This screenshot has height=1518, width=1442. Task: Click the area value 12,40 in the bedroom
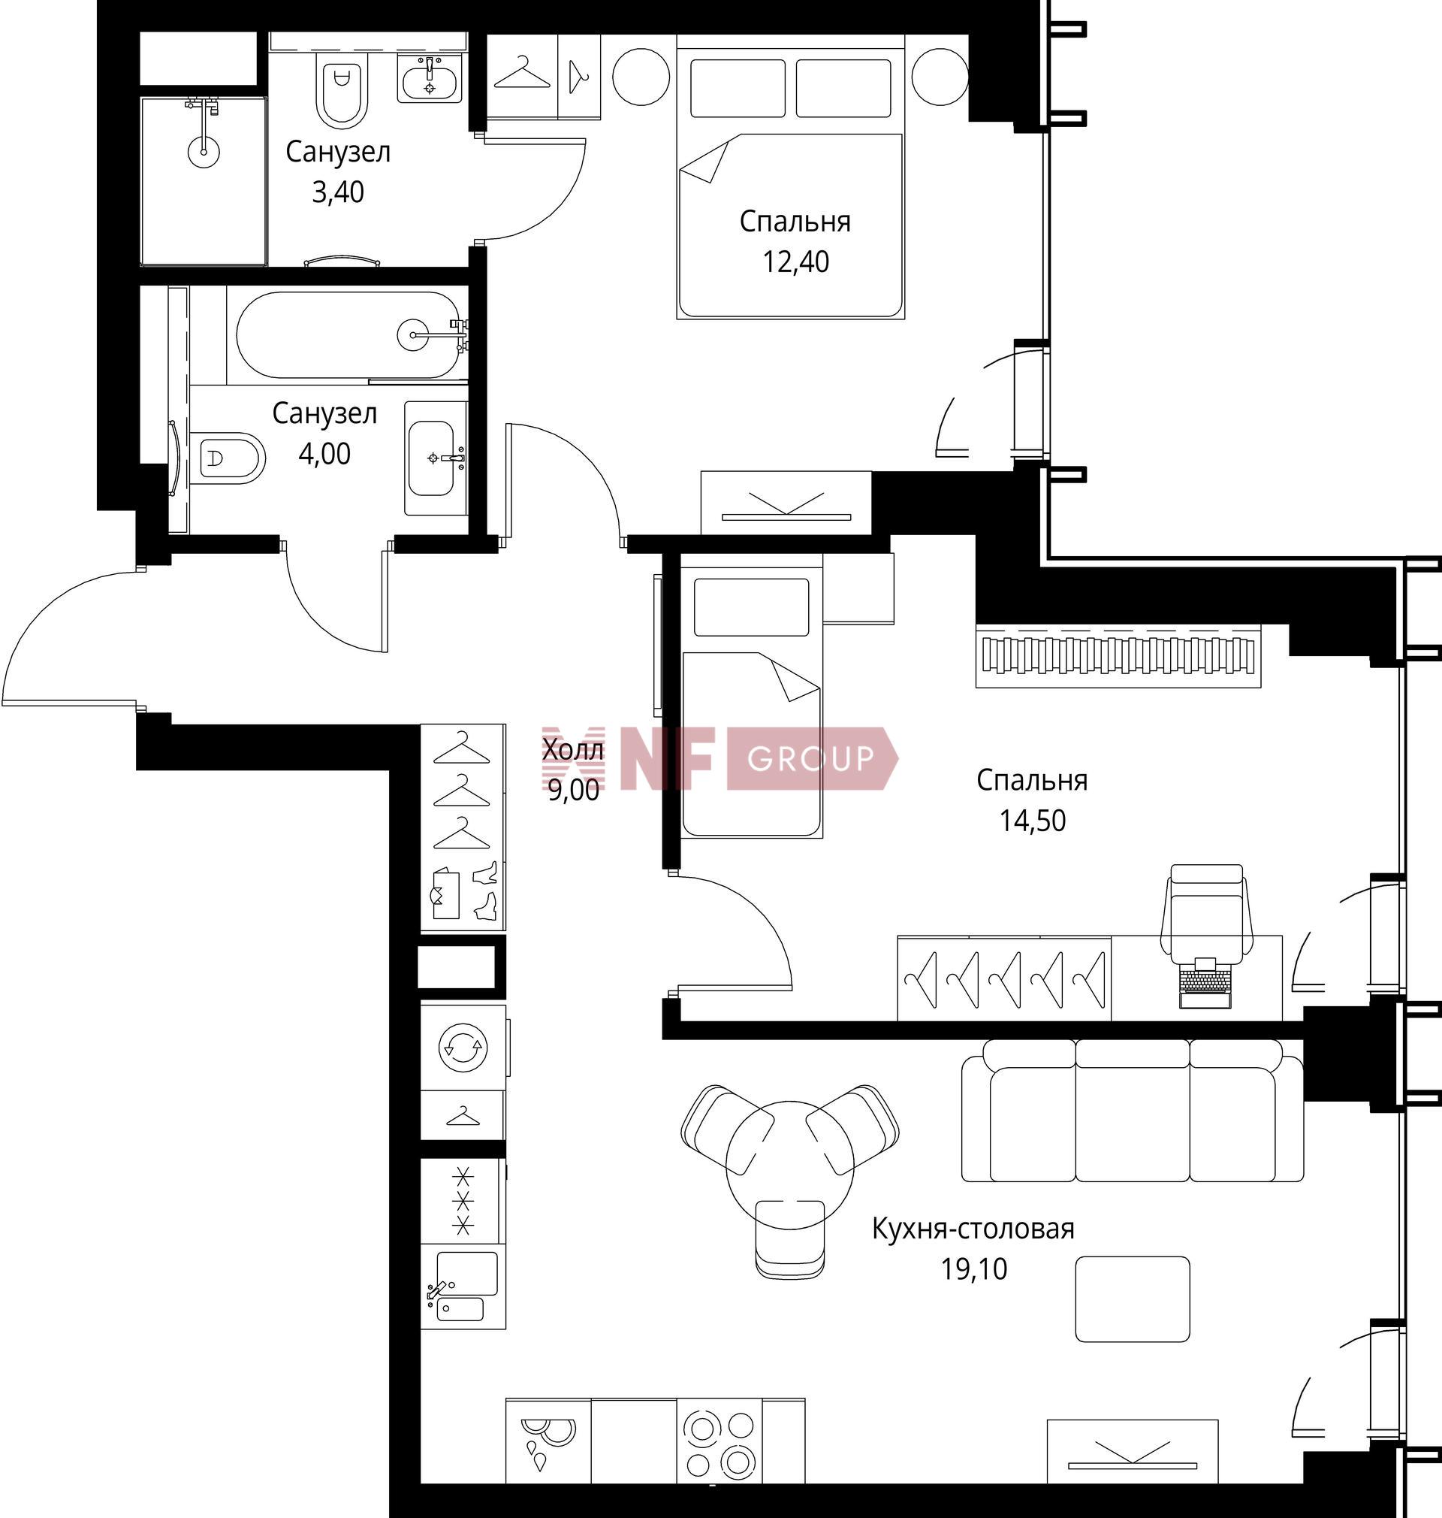coord(795,262)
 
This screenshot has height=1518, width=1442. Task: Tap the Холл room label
coord(572,750)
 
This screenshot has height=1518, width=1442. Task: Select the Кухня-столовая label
coord(973,1229)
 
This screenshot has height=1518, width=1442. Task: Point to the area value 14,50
coord(1032,821)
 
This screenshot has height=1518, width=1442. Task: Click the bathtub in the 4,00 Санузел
coord(348,334)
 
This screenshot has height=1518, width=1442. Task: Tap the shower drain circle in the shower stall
coord(204,151)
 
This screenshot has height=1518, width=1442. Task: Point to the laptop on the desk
coord(1205,984)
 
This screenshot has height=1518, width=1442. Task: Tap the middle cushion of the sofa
coord(1133,1111)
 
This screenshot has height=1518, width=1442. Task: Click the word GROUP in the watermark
coord(810,759)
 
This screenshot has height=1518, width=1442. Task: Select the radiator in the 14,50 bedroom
coord(1118,656)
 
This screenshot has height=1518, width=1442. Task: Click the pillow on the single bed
coord(751,607)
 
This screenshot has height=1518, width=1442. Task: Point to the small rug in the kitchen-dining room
coord(1133,1299)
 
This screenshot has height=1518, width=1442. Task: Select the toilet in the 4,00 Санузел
coord(228,458)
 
